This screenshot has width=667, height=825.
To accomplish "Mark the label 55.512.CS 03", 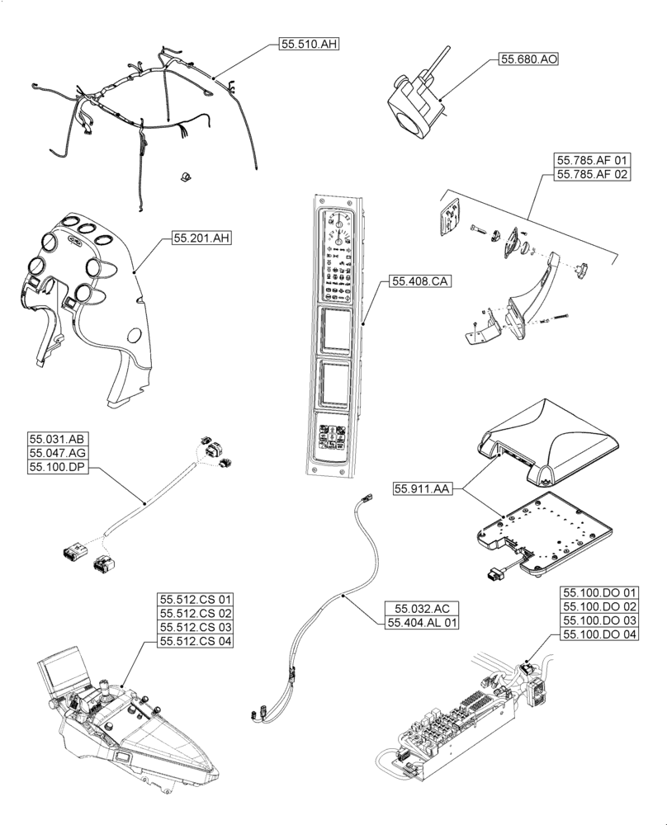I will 196,629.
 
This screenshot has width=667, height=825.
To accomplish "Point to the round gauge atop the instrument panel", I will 339,224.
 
